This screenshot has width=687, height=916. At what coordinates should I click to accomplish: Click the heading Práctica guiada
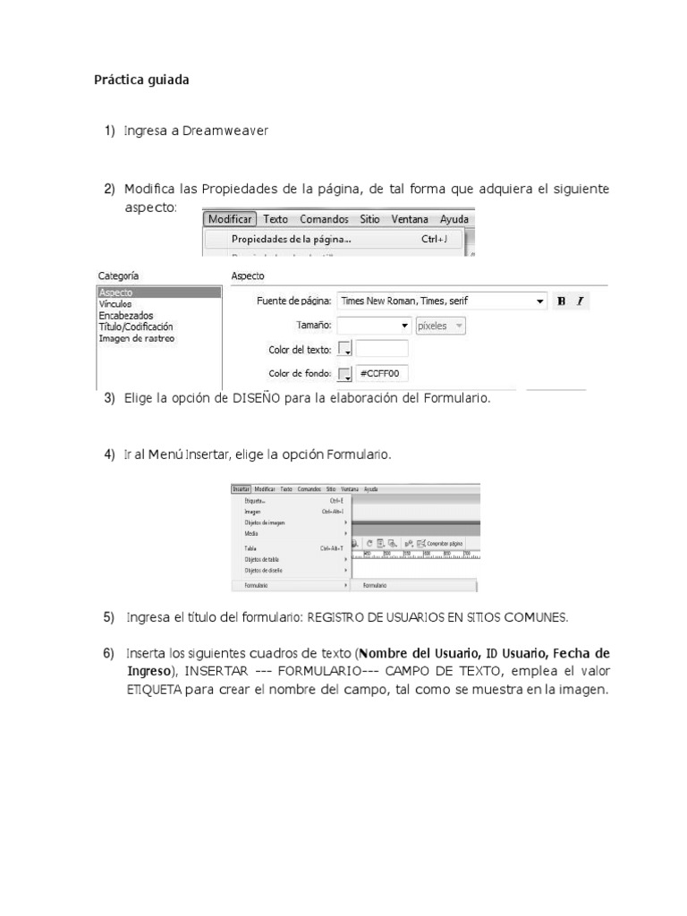pos(141,80)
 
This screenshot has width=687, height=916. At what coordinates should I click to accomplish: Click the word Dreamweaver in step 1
pos(225,131)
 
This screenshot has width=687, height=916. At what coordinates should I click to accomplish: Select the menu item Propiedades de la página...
pos(291,239)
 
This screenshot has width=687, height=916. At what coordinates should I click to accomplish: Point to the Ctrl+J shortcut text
pos(441,239)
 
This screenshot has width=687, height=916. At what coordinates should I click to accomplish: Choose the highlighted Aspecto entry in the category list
pos(158,293)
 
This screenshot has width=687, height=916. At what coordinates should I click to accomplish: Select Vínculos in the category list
pos(115,304)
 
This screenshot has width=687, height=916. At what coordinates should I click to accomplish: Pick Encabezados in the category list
pos(125,316)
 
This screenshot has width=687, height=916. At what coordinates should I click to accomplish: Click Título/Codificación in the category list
pos(136,327)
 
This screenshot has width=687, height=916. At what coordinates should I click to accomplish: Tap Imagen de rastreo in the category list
pos(136,339)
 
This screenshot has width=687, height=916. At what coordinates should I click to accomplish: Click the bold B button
pos(562,301)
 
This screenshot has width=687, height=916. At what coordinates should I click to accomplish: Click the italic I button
pos(581,301)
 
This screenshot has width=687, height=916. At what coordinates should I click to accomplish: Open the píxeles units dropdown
pos(441,326)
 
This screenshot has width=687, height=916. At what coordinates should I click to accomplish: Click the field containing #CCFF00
pos(382,373)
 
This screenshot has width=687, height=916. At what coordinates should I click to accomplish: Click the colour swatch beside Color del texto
pos(344,350)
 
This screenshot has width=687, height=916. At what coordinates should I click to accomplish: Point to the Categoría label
pos(118,276)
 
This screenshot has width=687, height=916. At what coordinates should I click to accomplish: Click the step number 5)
pos(109,617)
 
